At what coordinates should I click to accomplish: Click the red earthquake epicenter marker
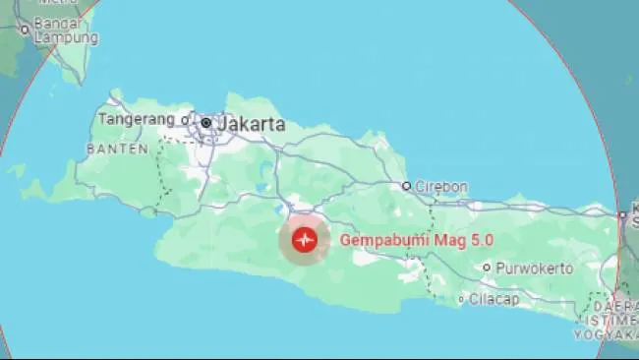coord(305,239)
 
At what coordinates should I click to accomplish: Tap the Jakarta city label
coord(251,124)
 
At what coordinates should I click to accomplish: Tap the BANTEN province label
coord(117,149)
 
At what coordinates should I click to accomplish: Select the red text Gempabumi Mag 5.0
coord(417,239)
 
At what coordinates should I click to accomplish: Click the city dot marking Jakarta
coord(206,124)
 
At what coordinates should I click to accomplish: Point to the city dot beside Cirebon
coord(406,186)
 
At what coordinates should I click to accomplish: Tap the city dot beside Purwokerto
coord(488,268)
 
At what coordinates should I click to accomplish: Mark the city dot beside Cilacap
coord(460,299)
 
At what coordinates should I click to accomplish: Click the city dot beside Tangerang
coord(185,119)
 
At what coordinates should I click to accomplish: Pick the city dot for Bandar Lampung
coord(26,30)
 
